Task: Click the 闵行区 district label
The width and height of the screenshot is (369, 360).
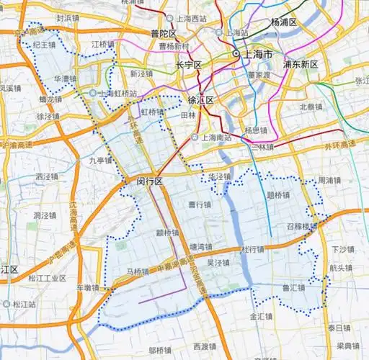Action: click(x=150, y=182)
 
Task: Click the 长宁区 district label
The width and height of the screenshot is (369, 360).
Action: click(x=189, y=65)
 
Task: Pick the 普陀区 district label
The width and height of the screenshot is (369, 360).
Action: click(x=164, y=34)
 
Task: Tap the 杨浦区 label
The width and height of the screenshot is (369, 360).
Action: click(x=284, y=22)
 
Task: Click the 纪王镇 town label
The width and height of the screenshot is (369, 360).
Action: click(x=45, y=45)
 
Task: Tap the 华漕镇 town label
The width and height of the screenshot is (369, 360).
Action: click(x=66, y=78)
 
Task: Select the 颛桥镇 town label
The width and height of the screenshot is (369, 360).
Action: click(x=167, y=233)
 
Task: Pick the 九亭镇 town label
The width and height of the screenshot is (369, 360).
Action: click(x=101, y=161)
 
